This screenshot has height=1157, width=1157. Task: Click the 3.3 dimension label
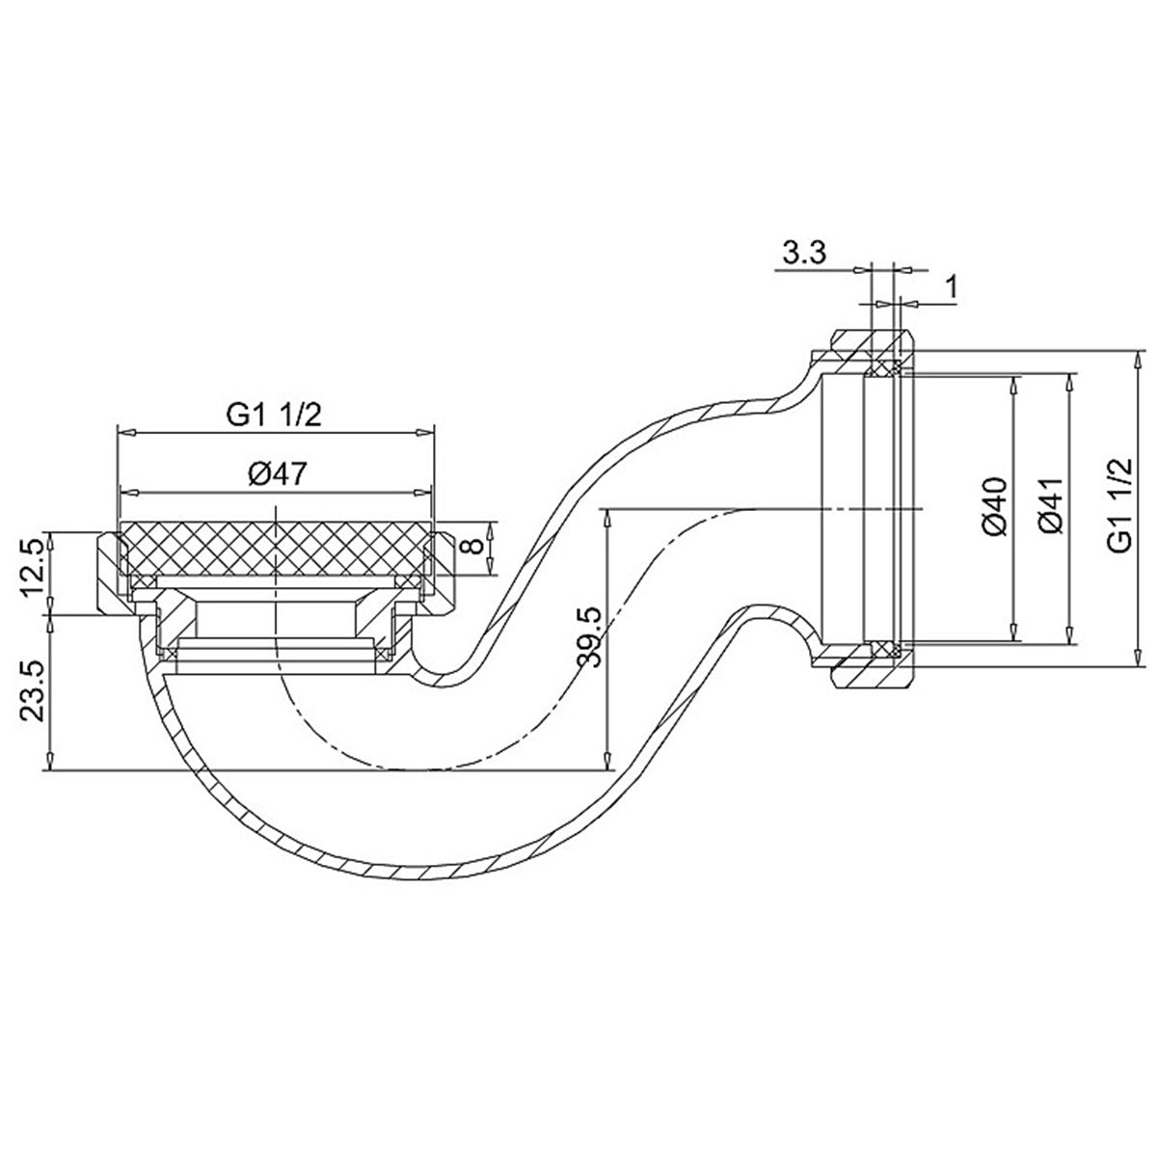click(x=802, y=256)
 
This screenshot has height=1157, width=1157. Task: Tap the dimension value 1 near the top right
click(x=952, y=286)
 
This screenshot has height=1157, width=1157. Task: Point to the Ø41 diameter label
click(x=1053, y=507)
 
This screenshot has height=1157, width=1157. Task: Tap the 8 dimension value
click(x=471, y=547)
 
